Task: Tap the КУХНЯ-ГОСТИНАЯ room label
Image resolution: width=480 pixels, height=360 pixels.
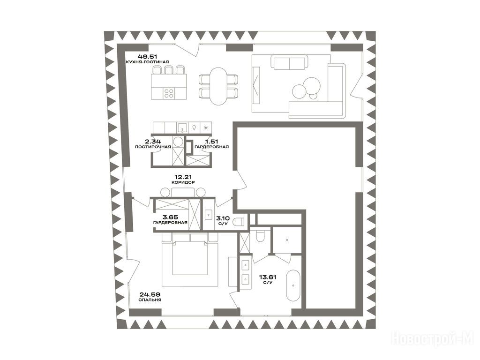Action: pos(147,62)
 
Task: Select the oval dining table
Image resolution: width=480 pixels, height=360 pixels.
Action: pos(218,86)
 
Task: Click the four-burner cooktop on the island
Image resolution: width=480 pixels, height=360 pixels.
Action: pos(169,93)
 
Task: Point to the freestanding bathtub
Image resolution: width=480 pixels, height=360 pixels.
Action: pos(293,286)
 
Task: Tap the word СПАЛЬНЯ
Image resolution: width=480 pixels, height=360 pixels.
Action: pos(150,300)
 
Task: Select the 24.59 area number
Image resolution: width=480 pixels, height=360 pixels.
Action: pos(150,294)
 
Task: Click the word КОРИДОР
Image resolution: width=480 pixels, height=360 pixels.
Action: pos(183,182)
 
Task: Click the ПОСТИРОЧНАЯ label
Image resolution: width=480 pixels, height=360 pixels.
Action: pos(153,147)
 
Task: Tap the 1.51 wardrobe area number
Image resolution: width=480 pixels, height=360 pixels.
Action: pos(212,142)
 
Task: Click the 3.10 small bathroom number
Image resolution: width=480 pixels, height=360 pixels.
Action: pos(223,218)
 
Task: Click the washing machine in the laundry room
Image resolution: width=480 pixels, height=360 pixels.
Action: pos(178,142)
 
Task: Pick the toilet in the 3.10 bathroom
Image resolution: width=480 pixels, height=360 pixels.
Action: pos(238,221)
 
